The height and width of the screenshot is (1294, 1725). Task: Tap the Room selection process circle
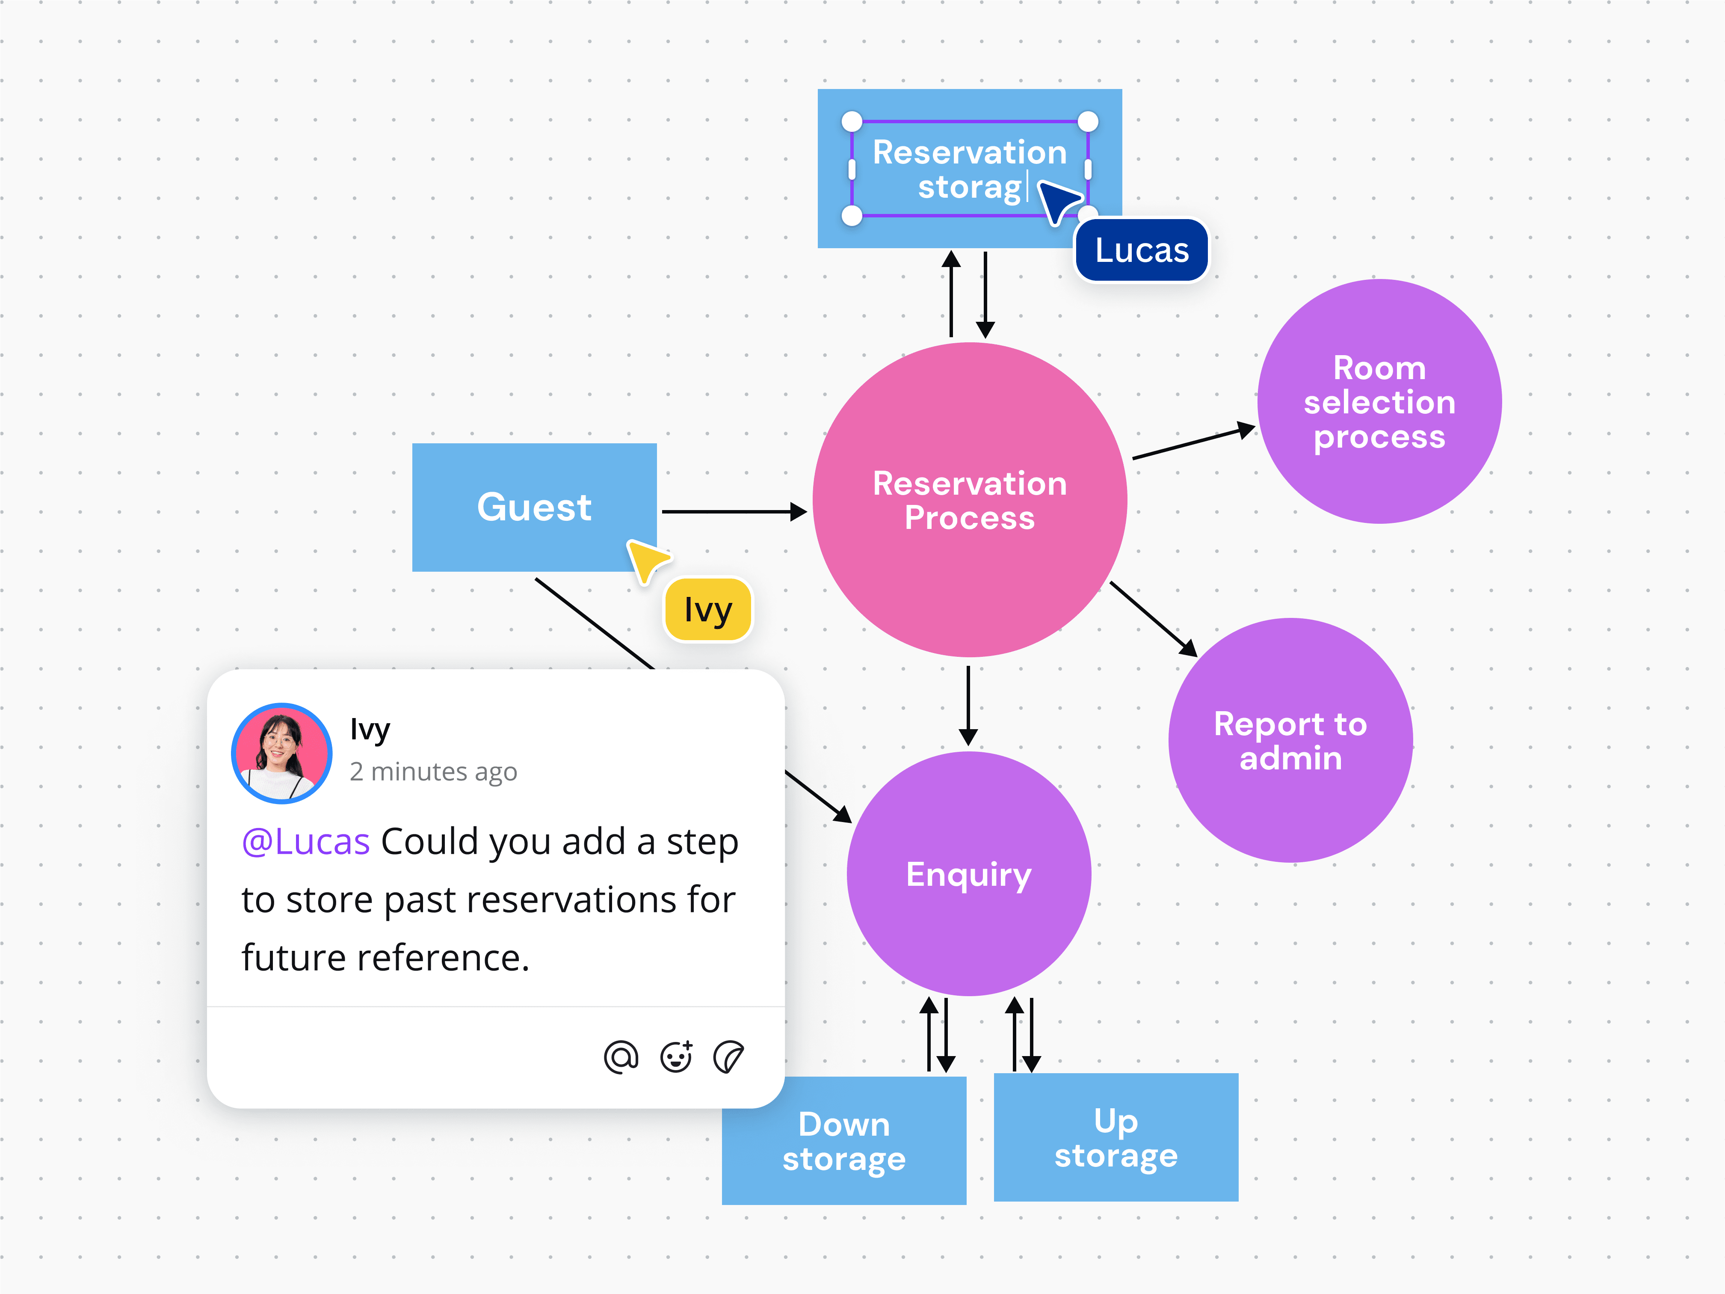[x=1378, y=402]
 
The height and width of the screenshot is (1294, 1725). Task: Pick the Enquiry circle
[x=968, y=874]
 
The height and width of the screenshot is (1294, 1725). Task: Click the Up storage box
[x=1115, y=1137]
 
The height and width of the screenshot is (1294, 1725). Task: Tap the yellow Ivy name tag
[x=707, y=610]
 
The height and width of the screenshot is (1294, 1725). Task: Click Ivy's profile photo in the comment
[x=281, y=753]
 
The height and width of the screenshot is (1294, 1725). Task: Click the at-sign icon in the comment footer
[x=621, y=1058]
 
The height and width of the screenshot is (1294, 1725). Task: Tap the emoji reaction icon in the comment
[x=675, y=1058]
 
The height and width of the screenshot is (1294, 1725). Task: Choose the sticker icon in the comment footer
[x=728, y=1058]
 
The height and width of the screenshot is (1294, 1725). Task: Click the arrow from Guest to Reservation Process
[x=733, y=512]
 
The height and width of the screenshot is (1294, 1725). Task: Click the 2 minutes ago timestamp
[x=433, y=772]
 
